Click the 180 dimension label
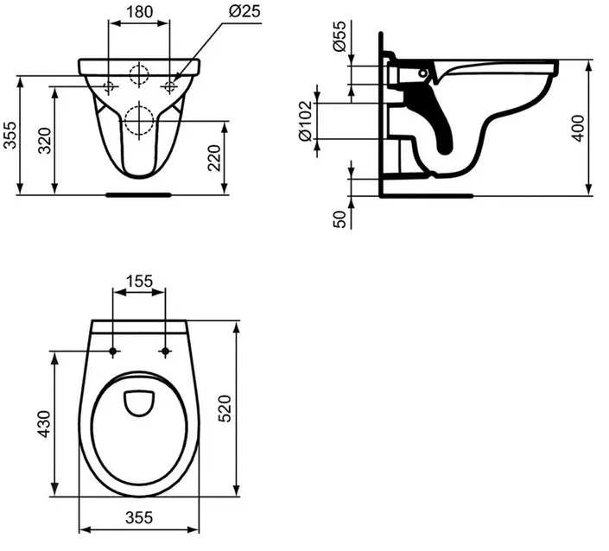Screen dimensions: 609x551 (x=139, y=12)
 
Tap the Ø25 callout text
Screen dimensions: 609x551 (x=244, y=11)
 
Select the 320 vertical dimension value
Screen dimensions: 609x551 (x=45, y=141)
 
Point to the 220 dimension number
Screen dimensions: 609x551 (x=214, y=158)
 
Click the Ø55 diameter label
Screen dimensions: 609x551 (x=339, y=36)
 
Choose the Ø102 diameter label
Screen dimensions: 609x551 (x=305, y=121)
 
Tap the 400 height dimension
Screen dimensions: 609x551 (x=578, y=129)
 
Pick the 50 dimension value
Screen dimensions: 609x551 (x=339, y=219)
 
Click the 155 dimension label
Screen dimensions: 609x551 (x=139, y=282)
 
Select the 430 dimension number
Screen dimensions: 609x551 (x=44, y=424)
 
